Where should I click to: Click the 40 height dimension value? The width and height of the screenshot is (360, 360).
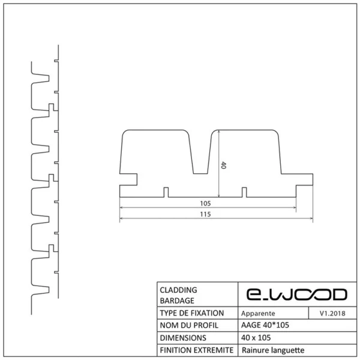(223, 165)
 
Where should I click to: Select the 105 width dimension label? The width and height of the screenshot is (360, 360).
(205, 203)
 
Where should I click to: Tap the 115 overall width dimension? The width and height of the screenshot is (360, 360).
(205, 214)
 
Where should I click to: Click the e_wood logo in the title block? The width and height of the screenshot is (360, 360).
(296, 295)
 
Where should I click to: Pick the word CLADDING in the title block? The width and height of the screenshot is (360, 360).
(178, 290)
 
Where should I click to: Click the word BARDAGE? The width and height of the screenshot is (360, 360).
(177, 301)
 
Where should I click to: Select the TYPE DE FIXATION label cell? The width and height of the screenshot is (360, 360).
(192, 313)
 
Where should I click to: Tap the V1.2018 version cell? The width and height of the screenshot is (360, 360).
(332, 313)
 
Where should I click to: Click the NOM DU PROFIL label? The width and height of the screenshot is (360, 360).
(189, 325)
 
